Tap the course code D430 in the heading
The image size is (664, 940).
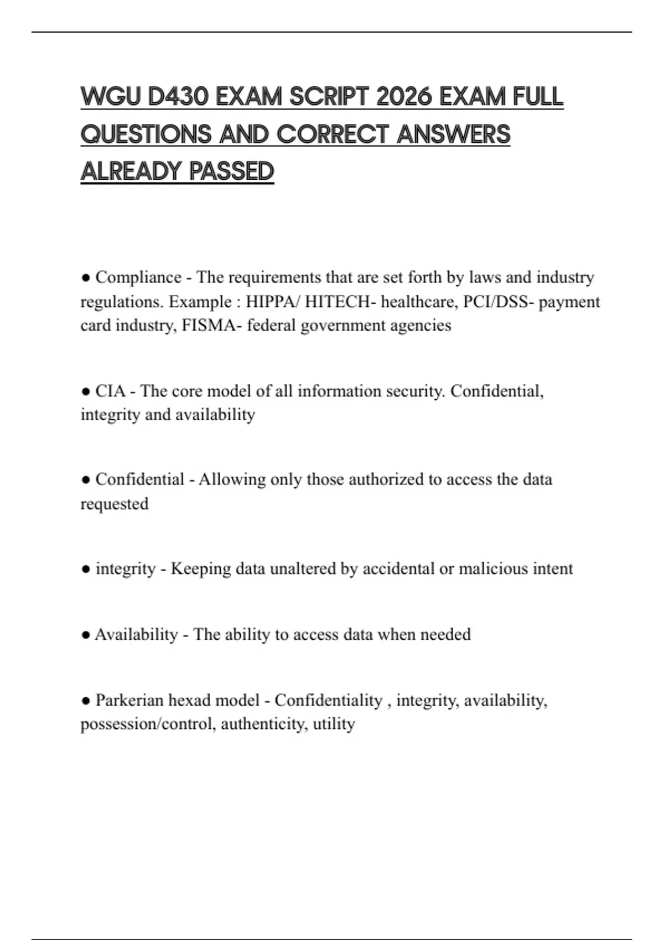[178, 97]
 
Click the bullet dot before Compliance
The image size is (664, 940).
[85, 278]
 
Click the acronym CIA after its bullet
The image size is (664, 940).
[111, 391]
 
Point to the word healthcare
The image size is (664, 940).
[419, 302]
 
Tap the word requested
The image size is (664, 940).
[115, 504]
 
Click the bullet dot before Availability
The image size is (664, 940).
[85, 635]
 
